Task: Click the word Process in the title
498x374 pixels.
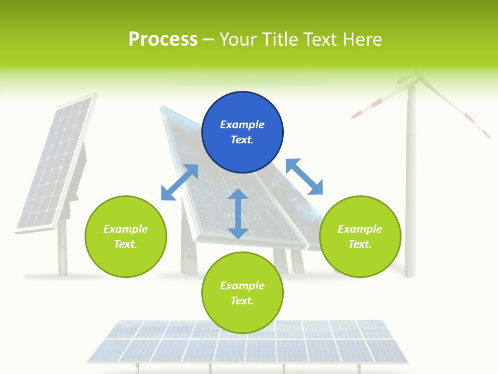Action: point(163,39)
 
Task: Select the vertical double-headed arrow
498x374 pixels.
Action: point(238,213)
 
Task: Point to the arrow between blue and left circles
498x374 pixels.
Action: point(179,182)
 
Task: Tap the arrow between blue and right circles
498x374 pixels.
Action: point(304,177)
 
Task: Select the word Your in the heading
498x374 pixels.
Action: point(239,39)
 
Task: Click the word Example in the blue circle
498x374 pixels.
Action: point(242,125)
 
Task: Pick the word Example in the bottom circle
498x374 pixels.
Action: point(242,286)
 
